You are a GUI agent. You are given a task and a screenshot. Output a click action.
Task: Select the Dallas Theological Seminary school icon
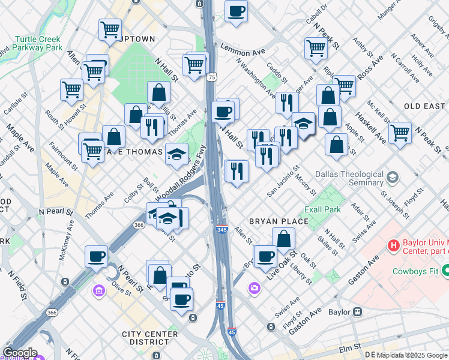point(393,177)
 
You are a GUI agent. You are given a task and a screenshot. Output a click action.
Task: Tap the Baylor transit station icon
point(357,311)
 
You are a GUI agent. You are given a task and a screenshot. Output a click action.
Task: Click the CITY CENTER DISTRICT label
point(149,338)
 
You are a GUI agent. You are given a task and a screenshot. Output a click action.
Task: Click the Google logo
point(20,353)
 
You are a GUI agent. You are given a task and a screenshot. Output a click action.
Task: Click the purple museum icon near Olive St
point(98,291)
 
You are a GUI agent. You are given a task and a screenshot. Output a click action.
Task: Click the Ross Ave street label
point(370,71)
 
